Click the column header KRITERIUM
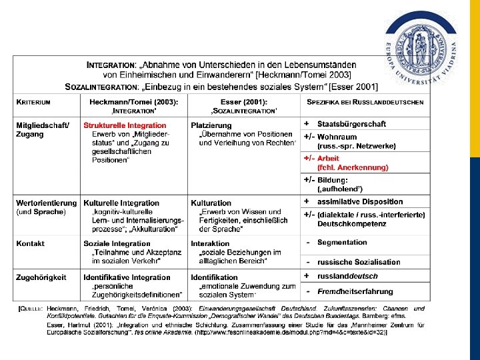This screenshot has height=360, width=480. coord(34,102)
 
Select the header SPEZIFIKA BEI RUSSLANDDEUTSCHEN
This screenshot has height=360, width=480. coord(365,102)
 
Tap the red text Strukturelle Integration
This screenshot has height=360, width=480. coord(125,125)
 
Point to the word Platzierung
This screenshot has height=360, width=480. coord(211,125)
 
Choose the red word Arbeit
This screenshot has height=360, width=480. coord(328,159)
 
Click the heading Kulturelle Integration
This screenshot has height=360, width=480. coord(121,203)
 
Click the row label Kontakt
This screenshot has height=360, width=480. coord(31,244)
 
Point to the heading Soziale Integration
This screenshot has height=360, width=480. coord(117,244)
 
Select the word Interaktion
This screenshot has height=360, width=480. coord(210,244)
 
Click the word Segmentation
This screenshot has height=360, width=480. coord(342,243)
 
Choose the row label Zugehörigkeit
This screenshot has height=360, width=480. coord(41,277)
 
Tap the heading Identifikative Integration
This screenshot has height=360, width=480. coord(127,277)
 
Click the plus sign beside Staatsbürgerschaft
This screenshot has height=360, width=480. coord(307,124)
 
